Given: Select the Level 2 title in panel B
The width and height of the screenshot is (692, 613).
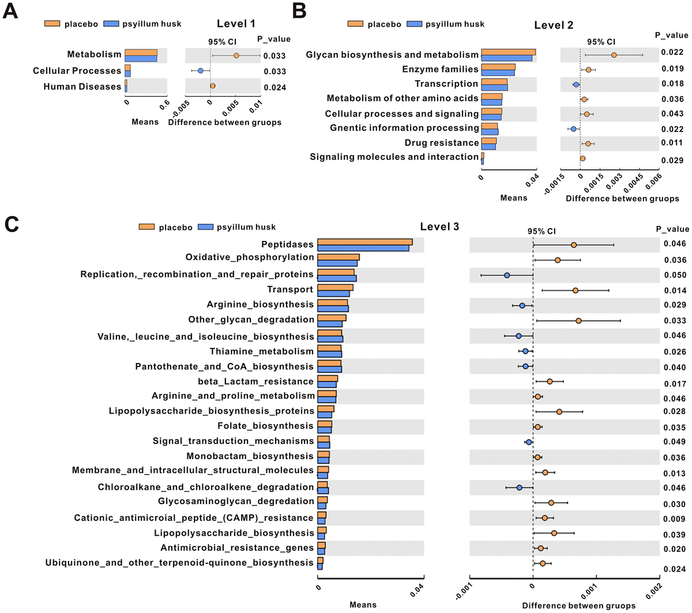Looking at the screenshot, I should tap(554, 25).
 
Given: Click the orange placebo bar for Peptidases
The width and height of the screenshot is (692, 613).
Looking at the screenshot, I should tap(364, 242).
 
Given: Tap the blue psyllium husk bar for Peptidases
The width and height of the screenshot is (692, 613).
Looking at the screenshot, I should tap(363, 248).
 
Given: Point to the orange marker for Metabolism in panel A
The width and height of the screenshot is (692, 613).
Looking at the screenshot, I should tap(236, 56).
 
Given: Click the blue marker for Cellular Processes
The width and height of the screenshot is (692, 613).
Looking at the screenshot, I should tap(201, 71).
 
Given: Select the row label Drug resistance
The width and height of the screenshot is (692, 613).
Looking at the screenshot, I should tap(441, 142).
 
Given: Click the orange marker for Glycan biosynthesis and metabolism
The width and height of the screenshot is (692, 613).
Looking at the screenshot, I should tap(614, 55).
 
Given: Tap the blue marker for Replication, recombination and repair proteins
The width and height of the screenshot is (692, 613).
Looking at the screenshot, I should tap(507, 275).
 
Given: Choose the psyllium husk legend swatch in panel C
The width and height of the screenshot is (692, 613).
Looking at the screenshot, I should tap(206, 227).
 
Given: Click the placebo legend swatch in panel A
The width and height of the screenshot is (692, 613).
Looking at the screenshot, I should tap(52, 24).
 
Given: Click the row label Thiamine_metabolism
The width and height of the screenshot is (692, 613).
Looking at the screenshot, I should tap(261, 351).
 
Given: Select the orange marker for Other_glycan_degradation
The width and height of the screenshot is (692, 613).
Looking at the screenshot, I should tap(578, 320).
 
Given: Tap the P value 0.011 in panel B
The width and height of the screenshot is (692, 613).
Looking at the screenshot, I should tap(672, 143).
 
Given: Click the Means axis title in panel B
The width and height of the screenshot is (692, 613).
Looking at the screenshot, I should tap(513, 198).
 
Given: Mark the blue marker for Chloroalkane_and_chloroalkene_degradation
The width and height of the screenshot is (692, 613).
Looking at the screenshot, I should tap(519, 487).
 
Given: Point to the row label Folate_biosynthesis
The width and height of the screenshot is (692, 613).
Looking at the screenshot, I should tap(265, 426).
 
